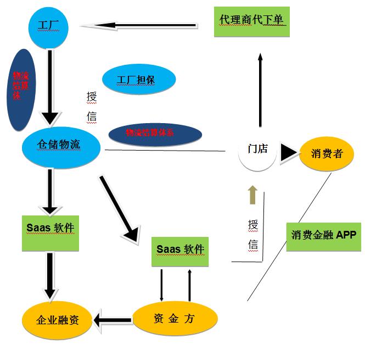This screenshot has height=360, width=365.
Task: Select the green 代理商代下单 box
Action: tap(251, 21)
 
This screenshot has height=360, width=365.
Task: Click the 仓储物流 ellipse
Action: tap(61, 145)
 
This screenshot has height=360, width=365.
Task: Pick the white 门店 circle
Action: tap(257, 149)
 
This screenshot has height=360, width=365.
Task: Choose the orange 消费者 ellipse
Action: tap(326, 153)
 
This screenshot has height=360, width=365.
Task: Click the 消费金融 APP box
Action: tap(323, 236)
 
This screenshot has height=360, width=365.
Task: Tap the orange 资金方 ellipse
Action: tap(175, 318)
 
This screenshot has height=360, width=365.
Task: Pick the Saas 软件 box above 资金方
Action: tap(180, 250)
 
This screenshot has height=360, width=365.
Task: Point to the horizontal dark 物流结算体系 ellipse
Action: tap(156, 133)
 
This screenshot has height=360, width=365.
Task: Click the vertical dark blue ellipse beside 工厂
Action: tap(20, 90)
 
